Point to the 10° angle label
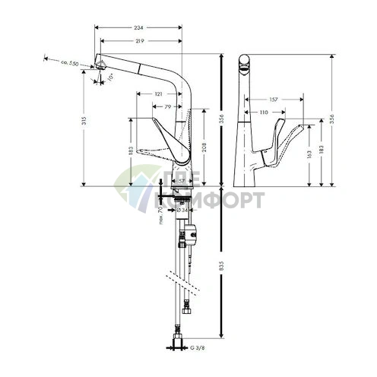tap(110, 77)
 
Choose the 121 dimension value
tap(158, 93)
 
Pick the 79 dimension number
tap(169, 107)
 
